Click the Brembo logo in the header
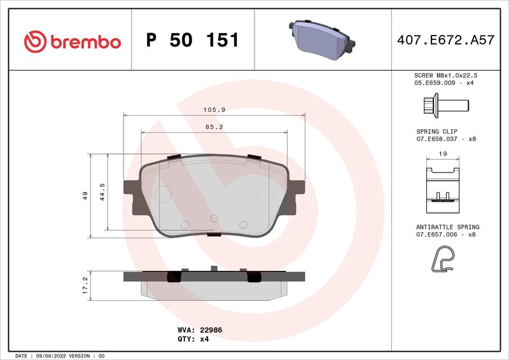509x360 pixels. point(72,41)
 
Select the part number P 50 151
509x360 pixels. point(192,41)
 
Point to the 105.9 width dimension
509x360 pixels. point(214,109)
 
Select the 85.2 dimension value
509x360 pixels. point(214,127)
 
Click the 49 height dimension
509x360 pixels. point(85,197)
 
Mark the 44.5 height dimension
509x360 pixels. point(102,192)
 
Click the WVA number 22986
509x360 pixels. point(211,330)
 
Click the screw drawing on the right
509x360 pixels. point(445,104)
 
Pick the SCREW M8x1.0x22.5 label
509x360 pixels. point(445,75)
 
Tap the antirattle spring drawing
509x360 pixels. point(443,258)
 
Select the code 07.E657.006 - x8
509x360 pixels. point(445,235)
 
